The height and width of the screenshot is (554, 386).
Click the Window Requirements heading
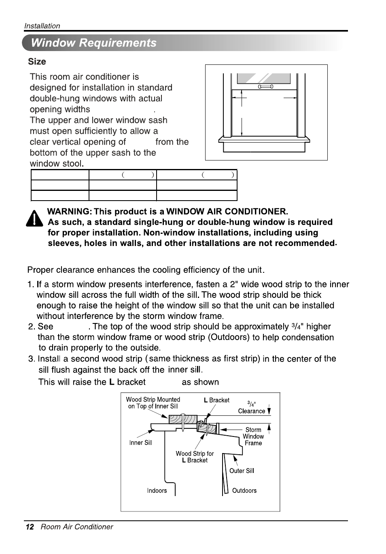[93, 43]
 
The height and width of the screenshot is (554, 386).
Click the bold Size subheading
[37, 62]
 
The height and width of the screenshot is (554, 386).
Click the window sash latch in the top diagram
[265, 87]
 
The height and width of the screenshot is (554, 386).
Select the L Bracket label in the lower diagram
[216, 400]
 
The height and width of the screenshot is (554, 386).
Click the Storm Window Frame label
[253, 436]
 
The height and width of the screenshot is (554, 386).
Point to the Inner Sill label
[140, 443]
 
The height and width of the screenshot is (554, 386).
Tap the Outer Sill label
[242, 471]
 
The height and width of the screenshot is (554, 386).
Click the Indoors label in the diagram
[157, 490]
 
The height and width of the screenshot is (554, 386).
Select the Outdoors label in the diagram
[244, 490]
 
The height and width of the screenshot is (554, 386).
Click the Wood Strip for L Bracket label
[195, 457]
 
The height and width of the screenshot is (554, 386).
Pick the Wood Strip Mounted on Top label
[153, 403]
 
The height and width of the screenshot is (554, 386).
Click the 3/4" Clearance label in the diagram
[251, 408]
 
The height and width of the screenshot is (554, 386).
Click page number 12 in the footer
[30, 527]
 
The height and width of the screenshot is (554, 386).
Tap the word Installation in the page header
[42, 26]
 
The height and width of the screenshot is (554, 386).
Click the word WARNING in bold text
[69, 212]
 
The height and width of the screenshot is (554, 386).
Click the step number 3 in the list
[31, 359]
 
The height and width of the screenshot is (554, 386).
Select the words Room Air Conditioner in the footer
[77, 527]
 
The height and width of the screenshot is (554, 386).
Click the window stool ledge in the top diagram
[264, 140]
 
